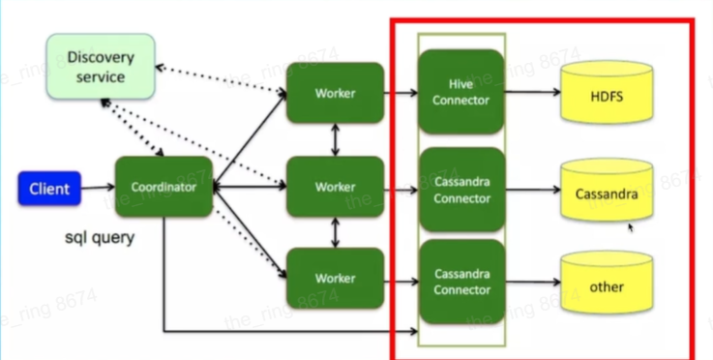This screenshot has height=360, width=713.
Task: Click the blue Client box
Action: pos(49,189)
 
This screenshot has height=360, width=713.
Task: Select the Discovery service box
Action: pos(101,67)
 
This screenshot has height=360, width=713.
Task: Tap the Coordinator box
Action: pos(163,187)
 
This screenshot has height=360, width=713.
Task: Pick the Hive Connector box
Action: pos(461,92)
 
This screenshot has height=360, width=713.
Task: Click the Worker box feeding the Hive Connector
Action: pos(335,93)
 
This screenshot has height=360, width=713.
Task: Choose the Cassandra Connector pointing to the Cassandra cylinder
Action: pos(461,190)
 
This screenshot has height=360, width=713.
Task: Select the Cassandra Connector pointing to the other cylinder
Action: pos(461,282)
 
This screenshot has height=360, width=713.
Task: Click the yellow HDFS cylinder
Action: pos(607,92)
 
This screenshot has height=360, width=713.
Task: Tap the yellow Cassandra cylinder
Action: pos(607,190)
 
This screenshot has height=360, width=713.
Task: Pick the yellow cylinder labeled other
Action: pos(607,283)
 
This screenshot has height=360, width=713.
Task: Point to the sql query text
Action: pos(100,237)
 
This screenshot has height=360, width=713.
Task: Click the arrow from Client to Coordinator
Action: pos(98,187)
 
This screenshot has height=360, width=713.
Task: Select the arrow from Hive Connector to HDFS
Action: pos(532,92)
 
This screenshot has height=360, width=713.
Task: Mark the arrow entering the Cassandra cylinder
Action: pos(532,190)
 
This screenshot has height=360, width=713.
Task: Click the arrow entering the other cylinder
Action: pos(532,283)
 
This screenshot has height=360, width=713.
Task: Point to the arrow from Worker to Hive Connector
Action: pos(401,93)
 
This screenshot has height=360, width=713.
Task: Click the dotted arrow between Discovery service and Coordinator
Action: pos(132,128)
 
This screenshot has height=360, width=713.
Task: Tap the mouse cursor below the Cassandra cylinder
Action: pos(631,227)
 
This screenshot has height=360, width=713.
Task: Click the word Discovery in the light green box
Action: pos(101,58)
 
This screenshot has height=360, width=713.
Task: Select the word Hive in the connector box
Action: pos(461,84)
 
